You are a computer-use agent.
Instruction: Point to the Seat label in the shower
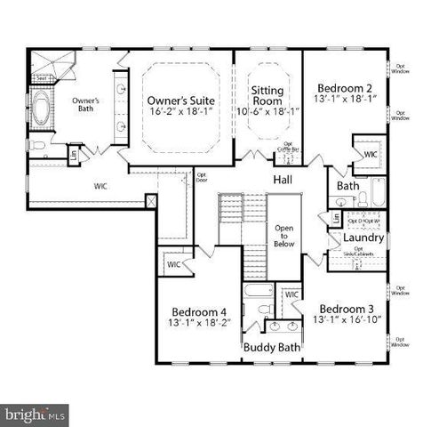click(x=41, y=79)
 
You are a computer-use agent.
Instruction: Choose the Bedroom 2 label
click(x=345, y=88)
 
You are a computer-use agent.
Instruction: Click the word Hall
click(x=283, y=180)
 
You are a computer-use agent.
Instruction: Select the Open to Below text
click(x=283, y=235)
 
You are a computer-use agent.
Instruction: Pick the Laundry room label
click(x=363, y=238)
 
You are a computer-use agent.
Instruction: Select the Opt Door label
click(x=201, y=177)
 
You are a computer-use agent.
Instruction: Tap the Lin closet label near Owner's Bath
click(x=74, y=155)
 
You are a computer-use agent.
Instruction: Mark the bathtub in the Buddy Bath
click(x=258, y=291)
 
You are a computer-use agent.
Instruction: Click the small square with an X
click(x=152, y=202)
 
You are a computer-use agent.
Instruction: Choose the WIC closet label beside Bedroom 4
click(x=173, y=264)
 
